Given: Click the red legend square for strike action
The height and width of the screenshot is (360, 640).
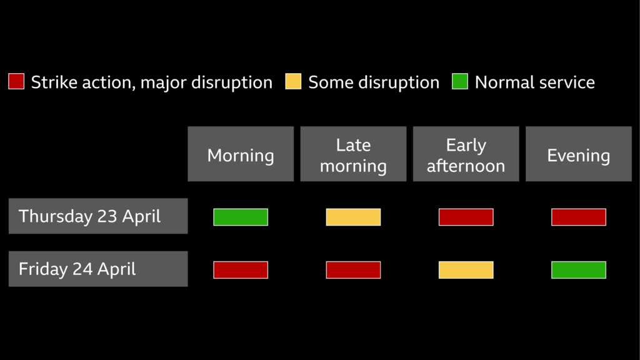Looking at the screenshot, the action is click(16, 81).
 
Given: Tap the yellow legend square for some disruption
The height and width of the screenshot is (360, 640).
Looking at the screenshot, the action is click(293, 81).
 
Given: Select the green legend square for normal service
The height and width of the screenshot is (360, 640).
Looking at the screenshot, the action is click(460, 81).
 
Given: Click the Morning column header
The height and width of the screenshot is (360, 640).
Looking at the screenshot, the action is click(241, 154).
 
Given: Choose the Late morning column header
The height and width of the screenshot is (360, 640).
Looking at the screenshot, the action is click(353, 154).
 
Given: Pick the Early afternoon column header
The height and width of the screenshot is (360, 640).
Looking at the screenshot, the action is click(466, 154).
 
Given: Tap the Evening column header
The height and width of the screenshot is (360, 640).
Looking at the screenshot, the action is click(578, 154).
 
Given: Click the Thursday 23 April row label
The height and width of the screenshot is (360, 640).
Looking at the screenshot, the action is click(98, 216).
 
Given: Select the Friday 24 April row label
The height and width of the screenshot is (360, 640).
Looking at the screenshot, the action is click(98, 269).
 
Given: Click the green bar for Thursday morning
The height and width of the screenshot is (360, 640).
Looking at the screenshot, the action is click(241, 217).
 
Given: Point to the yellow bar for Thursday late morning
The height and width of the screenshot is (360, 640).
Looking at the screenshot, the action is click(353, 217).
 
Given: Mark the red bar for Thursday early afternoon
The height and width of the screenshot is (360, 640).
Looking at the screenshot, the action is click(466, 217).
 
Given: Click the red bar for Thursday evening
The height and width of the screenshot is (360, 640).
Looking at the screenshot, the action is click(578, 217).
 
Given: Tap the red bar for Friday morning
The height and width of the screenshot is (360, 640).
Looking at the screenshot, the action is click(241, 270).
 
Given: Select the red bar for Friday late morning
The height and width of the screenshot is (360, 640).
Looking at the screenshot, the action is click(353, 270).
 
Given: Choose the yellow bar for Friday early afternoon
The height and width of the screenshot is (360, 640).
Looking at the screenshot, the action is click(466, 270).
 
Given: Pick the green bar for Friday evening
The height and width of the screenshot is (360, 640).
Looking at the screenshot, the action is click(578, 270).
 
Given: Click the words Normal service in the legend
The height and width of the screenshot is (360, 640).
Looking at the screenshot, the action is click(534, 82).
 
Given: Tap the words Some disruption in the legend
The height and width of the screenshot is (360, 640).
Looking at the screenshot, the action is click(374, 82).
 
